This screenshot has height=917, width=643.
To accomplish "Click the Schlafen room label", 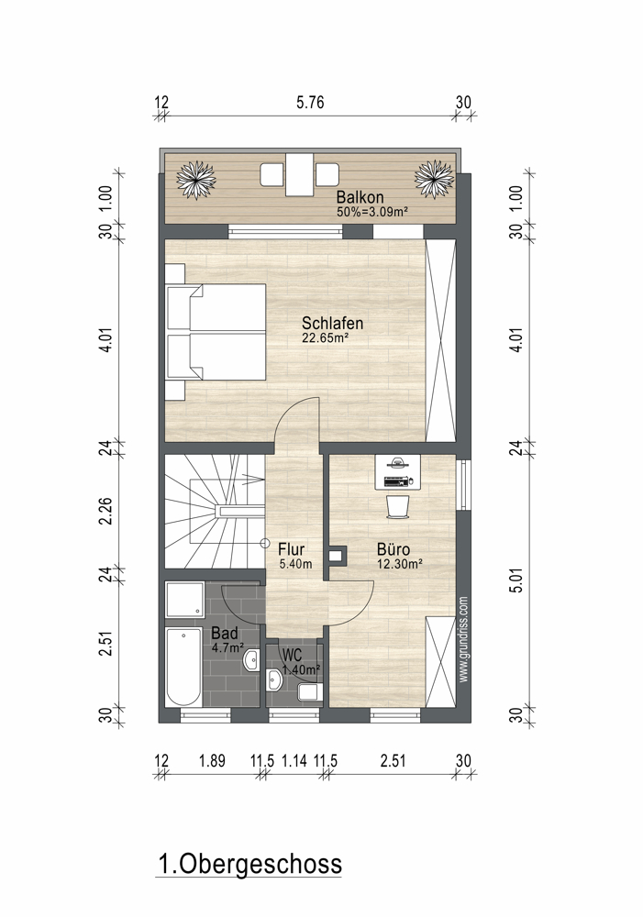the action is pyautogui.click(x=332, y=323).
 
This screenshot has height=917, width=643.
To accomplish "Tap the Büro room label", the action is pyautogui.click(x=394, y=549).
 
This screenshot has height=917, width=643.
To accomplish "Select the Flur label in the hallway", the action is pyautogui.click(x=291, y=549).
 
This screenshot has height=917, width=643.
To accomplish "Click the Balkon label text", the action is pyautogui.click(x=360, y=198).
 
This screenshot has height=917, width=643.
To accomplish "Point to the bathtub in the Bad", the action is pyautogui.click(x=183, y=667).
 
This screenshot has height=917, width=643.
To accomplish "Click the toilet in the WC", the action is pyautogui.click(x=308, y=692).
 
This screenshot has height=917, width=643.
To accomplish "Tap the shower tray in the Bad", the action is pyautogui.click(x=184, y=600).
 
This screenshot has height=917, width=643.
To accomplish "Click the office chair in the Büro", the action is pyautogui.click(x=398, y=506).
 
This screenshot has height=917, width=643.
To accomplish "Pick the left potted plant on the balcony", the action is pyautogui.click(x=196, y=179).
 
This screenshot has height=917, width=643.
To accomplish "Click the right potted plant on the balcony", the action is pyautogui.click(x=434, y=179).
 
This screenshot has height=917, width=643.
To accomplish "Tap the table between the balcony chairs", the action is pyautogui.click(x=300, y=175).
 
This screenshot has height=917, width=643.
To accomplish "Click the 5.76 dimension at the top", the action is pyautogui.click(x=310, y=103).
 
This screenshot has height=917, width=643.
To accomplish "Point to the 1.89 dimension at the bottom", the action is pyautogui.click(x=212, y=761).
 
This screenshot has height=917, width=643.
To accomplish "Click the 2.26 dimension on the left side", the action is pyautogui.click(x=105, y=510).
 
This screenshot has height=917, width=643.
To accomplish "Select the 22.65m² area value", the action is pyautogui.click(x=326, y=338).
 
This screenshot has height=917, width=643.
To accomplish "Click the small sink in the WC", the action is pyautogui.click(x=274, y=679).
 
